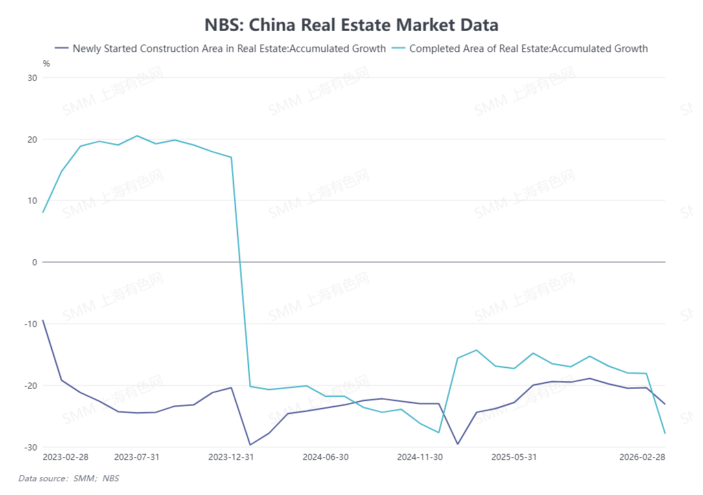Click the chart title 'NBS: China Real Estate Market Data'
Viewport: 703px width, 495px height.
pyautogui.click(x=351, y=25)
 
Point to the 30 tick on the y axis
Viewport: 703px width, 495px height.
pyautogui.click(x=32, y=77)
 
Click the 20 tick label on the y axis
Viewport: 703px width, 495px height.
pyautogui.click(x=32, y=139)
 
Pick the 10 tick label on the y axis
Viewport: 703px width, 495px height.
pyautogui.click(x=32, y=201)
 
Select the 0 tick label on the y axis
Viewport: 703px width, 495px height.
pyautogui.click(x=34, y=262)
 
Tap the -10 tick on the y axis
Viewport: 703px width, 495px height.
pyautogui.click(x=31, y=324)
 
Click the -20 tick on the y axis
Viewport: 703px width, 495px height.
pyautogui.click(x=31, y=385)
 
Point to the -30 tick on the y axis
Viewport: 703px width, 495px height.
pyautogui.click(x=31, y=446)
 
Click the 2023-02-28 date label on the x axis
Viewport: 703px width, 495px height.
pyautogui.click(x=66, y=457)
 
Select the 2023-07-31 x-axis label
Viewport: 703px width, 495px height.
pyautogui.click(x=137, y=457)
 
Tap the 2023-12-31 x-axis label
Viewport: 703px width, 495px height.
pyautogui.click(x=231, y=457)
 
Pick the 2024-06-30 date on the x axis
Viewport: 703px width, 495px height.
pyautogui.click(x=325, y=457)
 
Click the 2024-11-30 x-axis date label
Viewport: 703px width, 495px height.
pyautogui.click(x=420, y=457)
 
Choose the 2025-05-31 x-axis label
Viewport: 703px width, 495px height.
pyautogui.click(x=514, y=457)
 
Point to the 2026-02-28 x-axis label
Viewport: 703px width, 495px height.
pyautogui.click(x=642, y=457)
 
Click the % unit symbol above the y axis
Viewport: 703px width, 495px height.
pyautogui.click(x=46, y=64)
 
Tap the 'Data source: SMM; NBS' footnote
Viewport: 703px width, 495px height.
pyautogui.click(x=69, y=479)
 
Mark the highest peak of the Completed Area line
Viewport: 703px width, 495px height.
pyautogui.click(x=137, y=136)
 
